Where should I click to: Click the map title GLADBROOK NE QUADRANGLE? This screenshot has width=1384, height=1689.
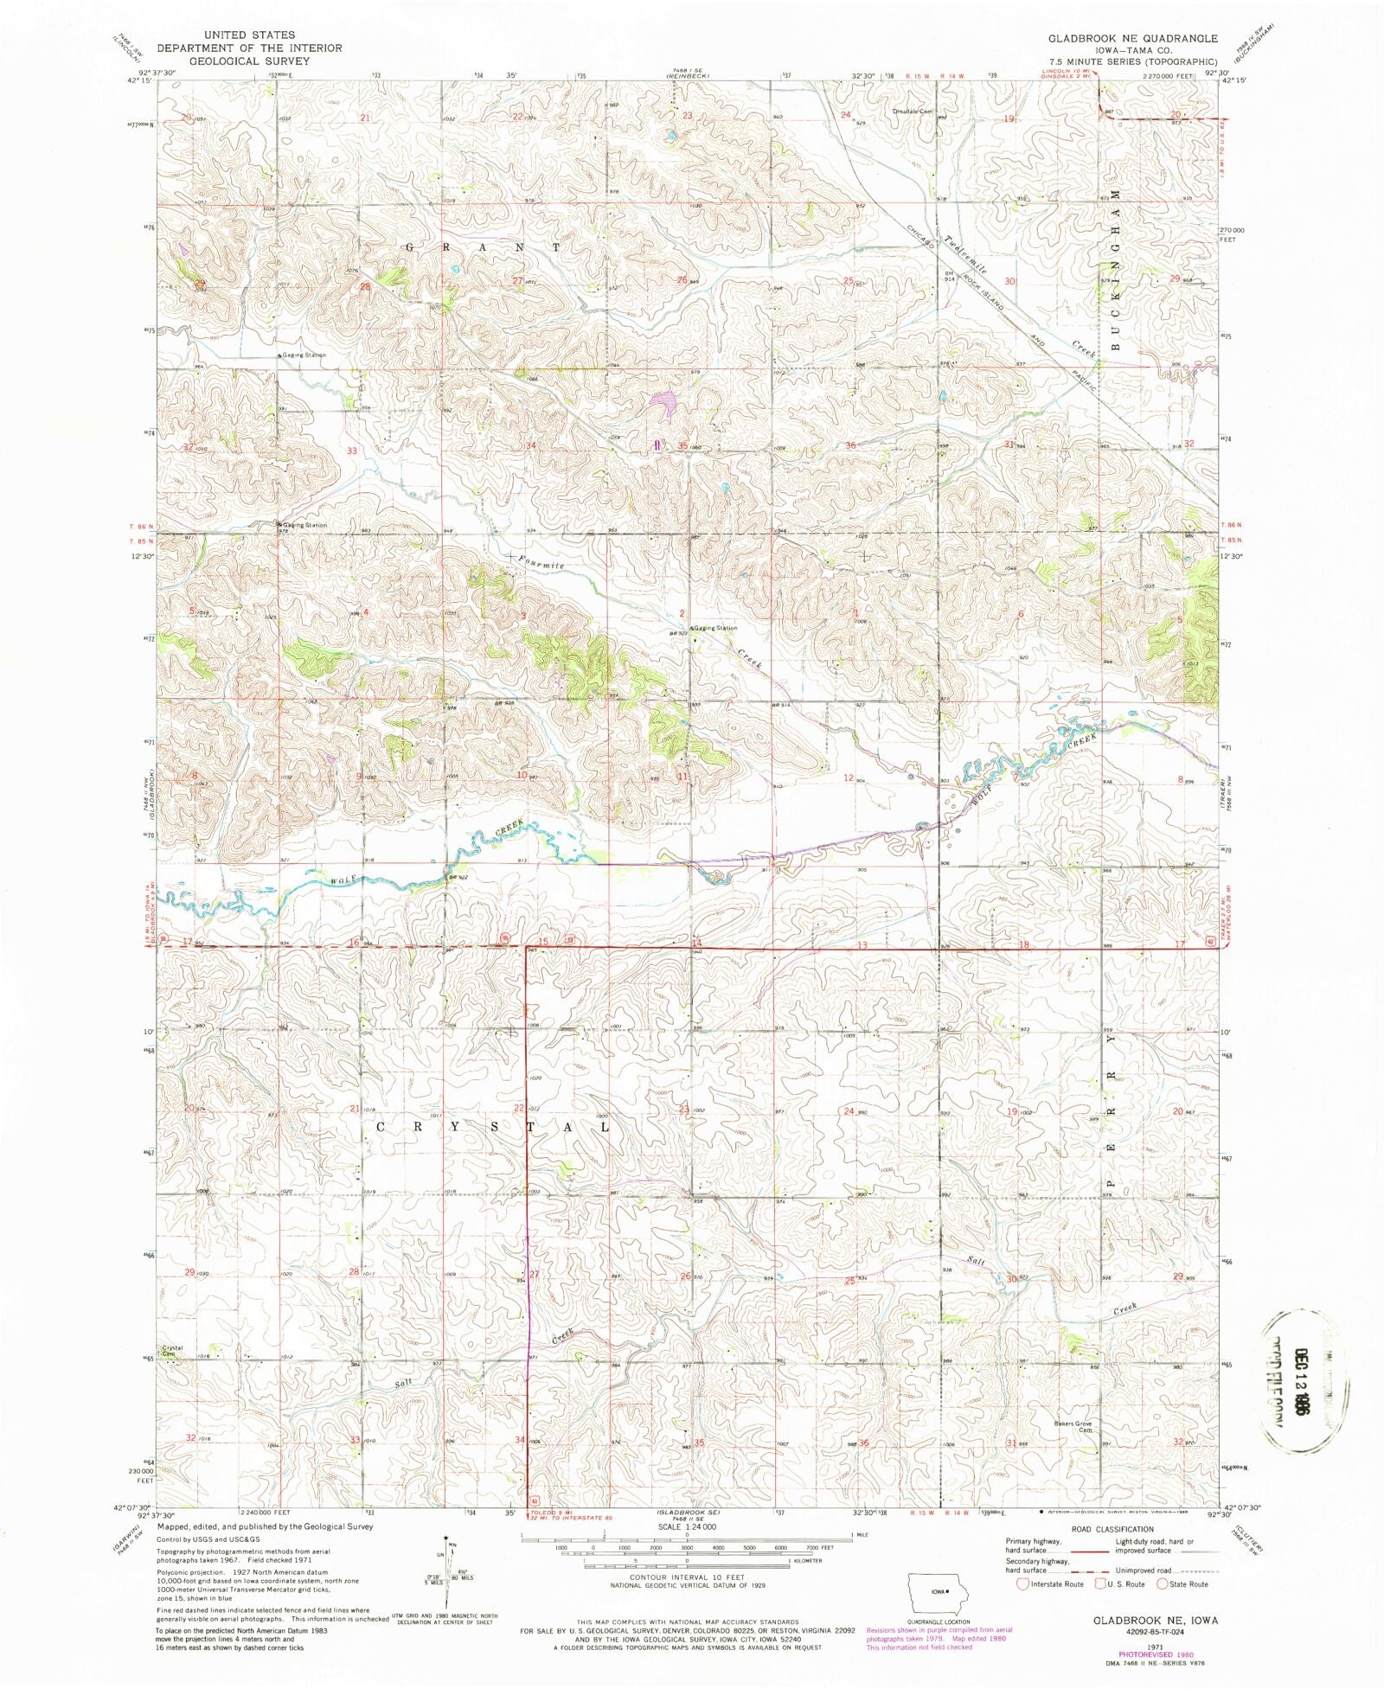click(1132, 39)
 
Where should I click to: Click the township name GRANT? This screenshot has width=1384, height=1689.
click(483, 247)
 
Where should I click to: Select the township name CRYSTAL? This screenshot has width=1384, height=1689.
click(493, 1128)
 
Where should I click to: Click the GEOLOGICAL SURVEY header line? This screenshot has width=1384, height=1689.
click(249, 61)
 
